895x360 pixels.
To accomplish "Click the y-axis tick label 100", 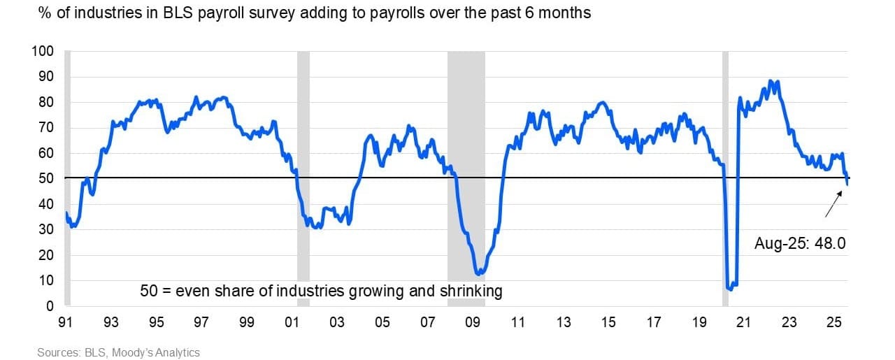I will click(44, 51).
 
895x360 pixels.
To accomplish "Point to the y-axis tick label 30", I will click(47, 230).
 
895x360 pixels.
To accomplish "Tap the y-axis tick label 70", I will click(47, 128).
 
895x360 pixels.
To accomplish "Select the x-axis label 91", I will click(67, 324).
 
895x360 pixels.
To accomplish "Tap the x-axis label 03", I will click(337, 324).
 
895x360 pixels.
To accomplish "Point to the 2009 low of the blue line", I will click(478, 273).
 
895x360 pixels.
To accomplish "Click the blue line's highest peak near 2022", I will click(771, 81).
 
